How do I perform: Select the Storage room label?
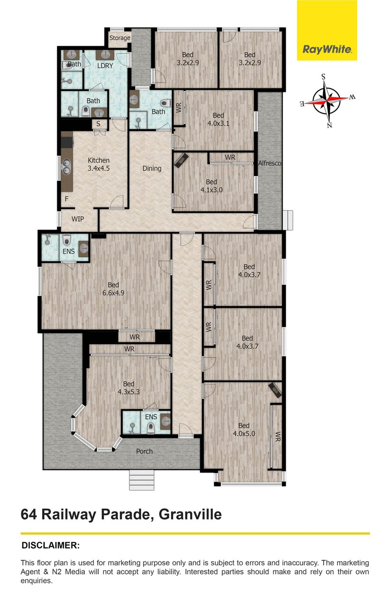coord(120,38)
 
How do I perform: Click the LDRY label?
coord(105,66)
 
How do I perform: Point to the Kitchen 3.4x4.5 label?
coord(99,164)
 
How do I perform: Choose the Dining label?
coord(152,168)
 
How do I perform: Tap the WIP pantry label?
coord(78,219)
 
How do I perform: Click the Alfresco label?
coord(270,163)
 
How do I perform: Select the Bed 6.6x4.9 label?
coord(113,289)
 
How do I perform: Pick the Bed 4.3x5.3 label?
coord(128,388)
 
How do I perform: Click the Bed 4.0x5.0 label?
coord(244,429)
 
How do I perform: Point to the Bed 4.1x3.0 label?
coord(211,186)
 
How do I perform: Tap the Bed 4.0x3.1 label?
coord(218,119)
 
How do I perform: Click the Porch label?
coord(144,451)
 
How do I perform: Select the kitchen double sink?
coord(66,167)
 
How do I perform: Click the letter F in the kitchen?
coord(67,198)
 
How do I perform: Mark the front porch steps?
coord(142,480)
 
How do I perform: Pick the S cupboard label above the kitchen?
coord(99,124)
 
